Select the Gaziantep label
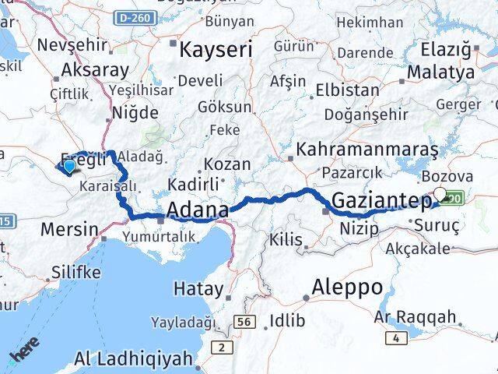click(381, 201)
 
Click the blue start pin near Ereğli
click(69, 164)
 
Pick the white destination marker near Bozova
click(440, 194)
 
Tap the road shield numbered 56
click(244, 320)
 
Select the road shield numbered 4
click(399, 337)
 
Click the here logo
click(23, 355)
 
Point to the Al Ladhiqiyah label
click(133, 360)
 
